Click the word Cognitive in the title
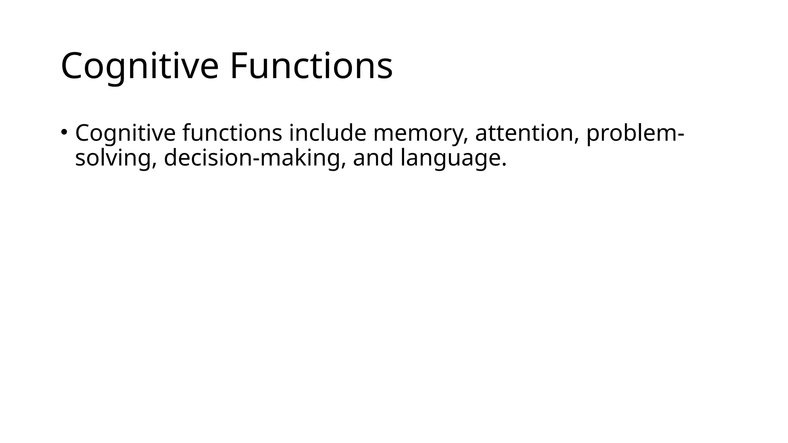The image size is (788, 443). (139, 66)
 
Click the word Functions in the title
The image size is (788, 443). (311, 66)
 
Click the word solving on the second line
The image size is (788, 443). (114, 158)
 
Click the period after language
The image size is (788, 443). (504, 166)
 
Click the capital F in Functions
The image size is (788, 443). (238, 66)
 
